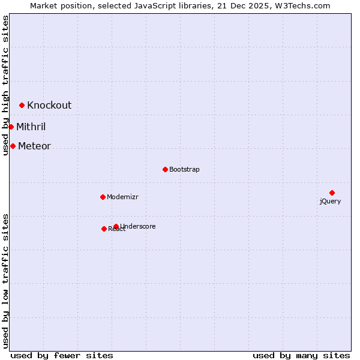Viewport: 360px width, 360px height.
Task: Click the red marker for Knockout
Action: pos(22,105)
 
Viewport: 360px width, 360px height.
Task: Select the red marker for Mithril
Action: pos(11,127)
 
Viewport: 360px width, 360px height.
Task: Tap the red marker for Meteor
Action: pos(13,146)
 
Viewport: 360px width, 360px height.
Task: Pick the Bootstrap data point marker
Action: pos(165,169)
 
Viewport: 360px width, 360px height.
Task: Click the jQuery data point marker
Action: pos(332,193)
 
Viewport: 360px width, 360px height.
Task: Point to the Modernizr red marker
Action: pos(103,197)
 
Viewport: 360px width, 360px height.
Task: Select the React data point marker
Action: pos(104,229)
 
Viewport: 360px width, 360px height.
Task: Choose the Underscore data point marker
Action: pos(116,226)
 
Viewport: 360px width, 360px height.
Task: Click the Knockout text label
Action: pos(49,105)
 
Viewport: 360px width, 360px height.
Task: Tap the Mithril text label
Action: pos(31,127)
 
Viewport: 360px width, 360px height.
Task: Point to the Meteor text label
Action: pos(34,146)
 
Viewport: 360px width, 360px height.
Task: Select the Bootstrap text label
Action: pos(184,169)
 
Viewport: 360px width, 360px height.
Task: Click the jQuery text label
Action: pos(330,201)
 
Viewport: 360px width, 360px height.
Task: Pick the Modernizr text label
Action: pos(122,197)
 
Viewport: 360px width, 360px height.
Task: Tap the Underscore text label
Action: pos(138,226)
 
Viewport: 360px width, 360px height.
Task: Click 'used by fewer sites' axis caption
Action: pos(62,355)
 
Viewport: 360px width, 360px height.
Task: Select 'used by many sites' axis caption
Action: pos(301,355)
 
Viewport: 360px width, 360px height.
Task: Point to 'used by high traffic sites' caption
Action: pos(5,85)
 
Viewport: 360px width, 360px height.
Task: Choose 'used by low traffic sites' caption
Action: pos(5,280)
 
